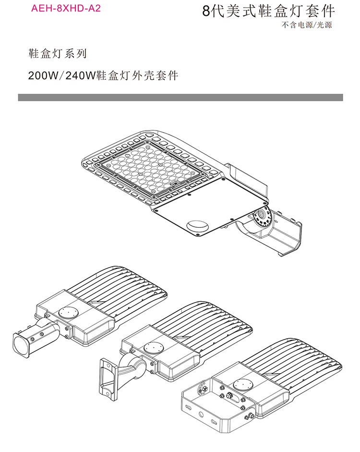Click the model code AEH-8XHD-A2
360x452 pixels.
pyautogui.click(x=66, y=8)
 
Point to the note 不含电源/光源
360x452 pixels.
pyautogui.click(x=313, y=25)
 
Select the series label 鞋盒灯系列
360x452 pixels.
pyautogui.click(x=58, y=54)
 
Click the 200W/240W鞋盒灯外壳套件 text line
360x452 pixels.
pyautogui.click(x=103, y=76)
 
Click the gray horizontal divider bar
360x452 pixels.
pyautogui.click(x=180, y=98)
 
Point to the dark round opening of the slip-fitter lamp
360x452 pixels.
pyautogui.click(x=22, y=345)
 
